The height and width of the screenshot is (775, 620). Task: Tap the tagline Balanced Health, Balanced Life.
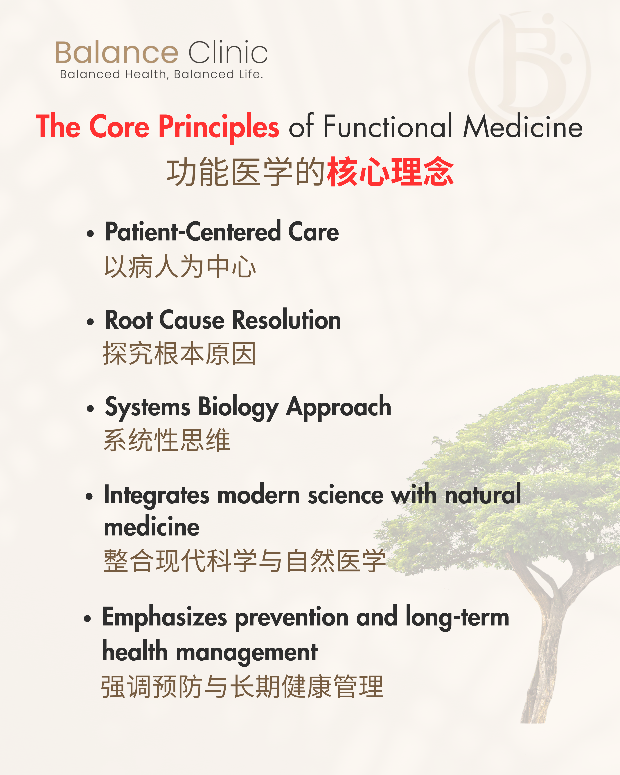pyautogui.click(x=161, y=74)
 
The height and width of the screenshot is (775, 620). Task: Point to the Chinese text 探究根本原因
pyautogui.click(x=179, y=353)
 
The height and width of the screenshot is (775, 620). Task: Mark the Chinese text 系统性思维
pyautogui.click(x=167, y=440)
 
